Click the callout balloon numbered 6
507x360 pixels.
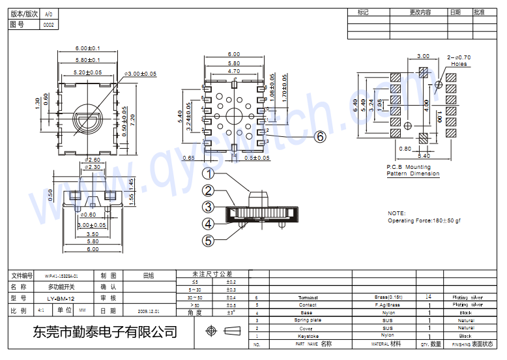point(320,136)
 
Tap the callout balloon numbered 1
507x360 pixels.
point(208,173)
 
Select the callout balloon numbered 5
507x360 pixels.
point(208,240)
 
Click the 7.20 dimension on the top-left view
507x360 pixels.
point(133,120)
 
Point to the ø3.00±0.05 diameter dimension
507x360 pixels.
point(140,74)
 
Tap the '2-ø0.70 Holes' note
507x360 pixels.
point(459,61)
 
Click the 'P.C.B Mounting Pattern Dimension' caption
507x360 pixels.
point(413,170)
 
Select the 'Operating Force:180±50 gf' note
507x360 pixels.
point(424,220)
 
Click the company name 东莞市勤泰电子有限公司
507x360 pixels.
point(104,331)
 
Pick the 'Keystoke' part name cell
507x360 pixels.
point(308,336)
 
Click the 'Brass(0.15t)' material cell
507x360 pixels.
point(388,297)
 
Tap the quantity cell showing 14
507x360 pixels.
point(428,297)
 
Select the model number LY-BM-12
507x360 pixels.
point(61,298)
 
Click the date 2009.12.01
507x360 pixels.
point(149,311)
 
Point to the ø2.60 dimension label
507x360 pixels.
point(93,159)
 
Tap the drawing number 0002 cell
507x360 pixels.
point(48,24)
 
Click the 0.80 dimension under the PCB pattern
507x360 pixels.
point(405,149)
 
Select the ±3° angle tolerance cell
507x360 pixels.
point(231,312)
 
